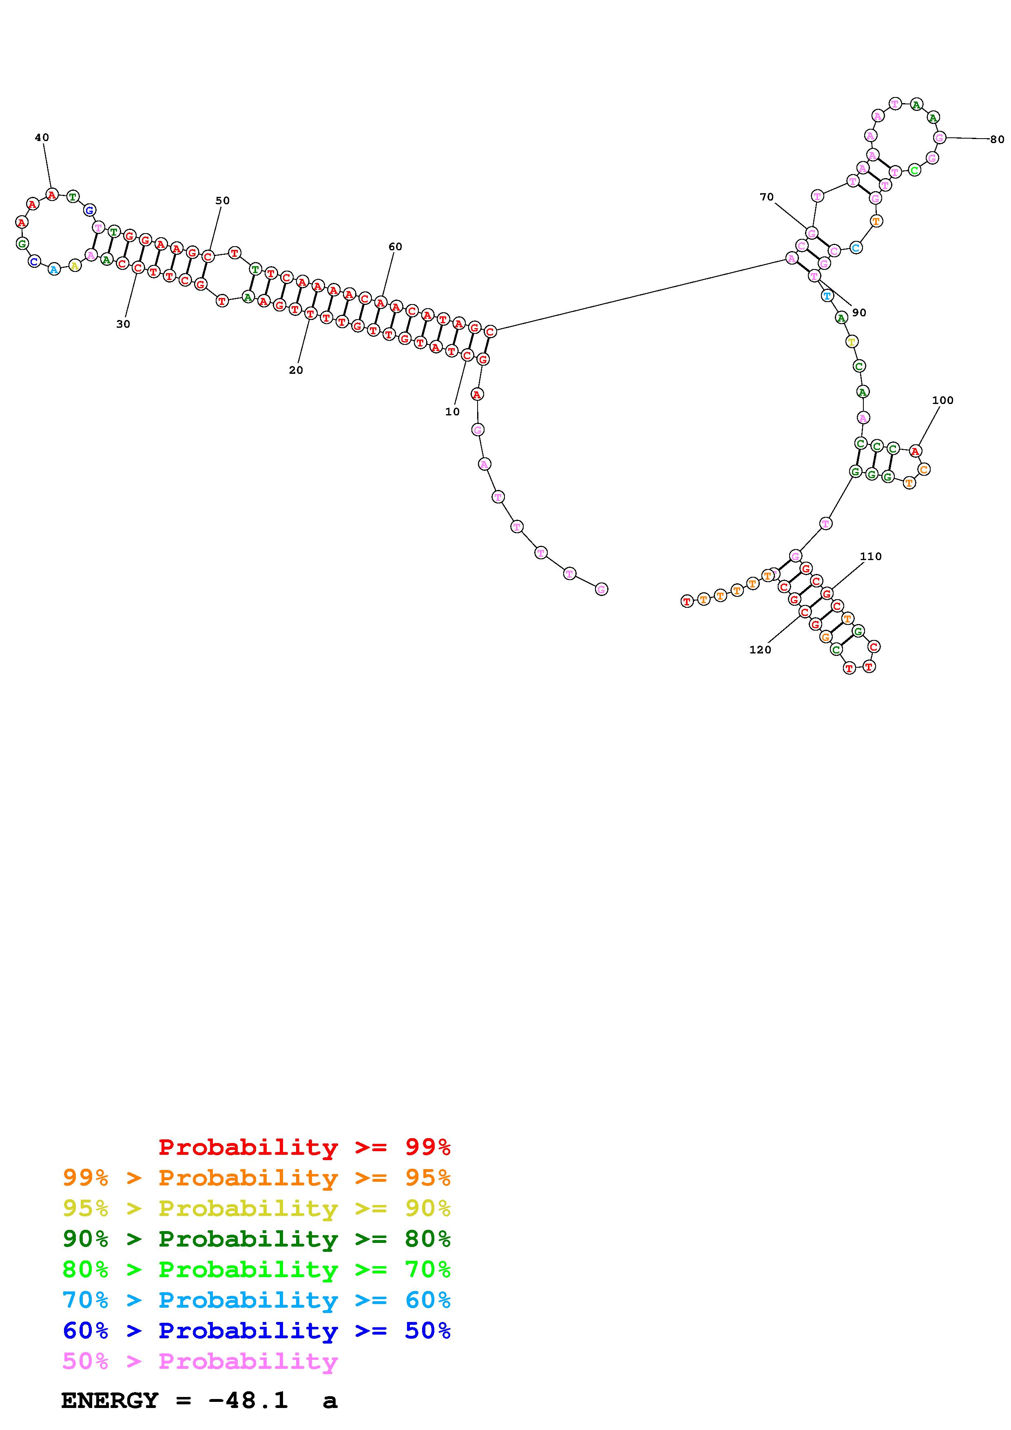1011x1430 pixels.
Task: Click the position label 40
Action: pos(42,138)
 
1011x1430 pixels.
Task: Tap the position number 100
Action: pos(942,400)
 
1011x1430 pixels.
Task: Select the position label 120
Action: pos(760,650)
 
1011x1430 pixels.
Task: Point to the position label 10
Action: pos(452,412)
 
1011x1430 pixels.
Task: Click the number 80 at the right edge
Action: pos(997,139)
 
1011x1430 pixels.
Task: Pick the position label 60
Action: pos(396,247)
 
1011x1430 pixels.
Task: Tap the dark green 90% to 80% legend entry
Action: pos(257,1239)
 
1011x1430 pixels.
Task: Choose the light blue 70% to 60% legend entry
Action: pos(257,1300)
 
